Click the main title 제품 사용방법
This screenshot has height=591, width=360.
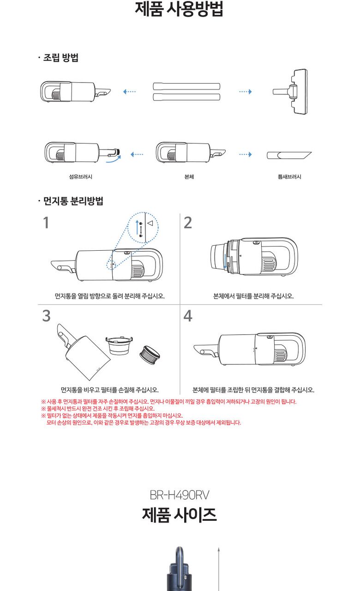tap(179, 9)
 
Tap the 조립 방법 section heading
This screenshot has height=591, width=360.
tap(60, 58)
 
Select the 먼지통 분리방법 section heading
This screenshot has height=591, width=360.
tap(73, 201)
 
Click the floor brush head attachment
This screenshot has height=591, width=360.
tap(291, 91)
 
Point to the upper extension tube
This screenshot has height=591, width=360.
tap(186, 86)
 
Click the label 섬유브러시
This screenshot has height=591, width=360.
tap(81, 177)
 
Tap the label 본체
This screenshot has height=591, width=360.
tap(189, 177)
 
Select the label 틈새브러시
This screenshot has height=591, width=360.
tap(289, 177)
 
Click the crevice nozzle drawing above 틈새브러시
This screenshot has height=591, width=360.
tap(289, 155)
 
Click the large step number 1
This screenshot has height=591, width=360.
tap(46, 223)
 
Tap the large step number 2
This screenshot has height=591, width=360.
tap(188, 223)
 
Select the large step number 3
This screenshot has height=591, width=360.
tap(47, 316)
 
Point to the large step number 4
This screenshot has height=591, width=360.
tap(188, 316)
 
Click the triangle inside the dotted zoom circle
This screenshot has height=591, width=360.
tap(150, 223)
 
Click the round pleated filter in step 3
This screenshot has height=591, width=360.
tap(150, 355)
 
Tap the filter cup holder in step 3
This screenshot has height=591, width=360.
tap(119, 346)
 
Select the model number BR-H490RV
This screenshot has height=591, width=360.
tap(180, 495)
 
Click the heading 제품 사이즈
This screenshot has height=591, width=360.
tap(180, 514)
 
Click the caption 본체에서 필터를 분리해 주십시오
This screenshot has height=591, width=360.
tap(253, 296)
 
